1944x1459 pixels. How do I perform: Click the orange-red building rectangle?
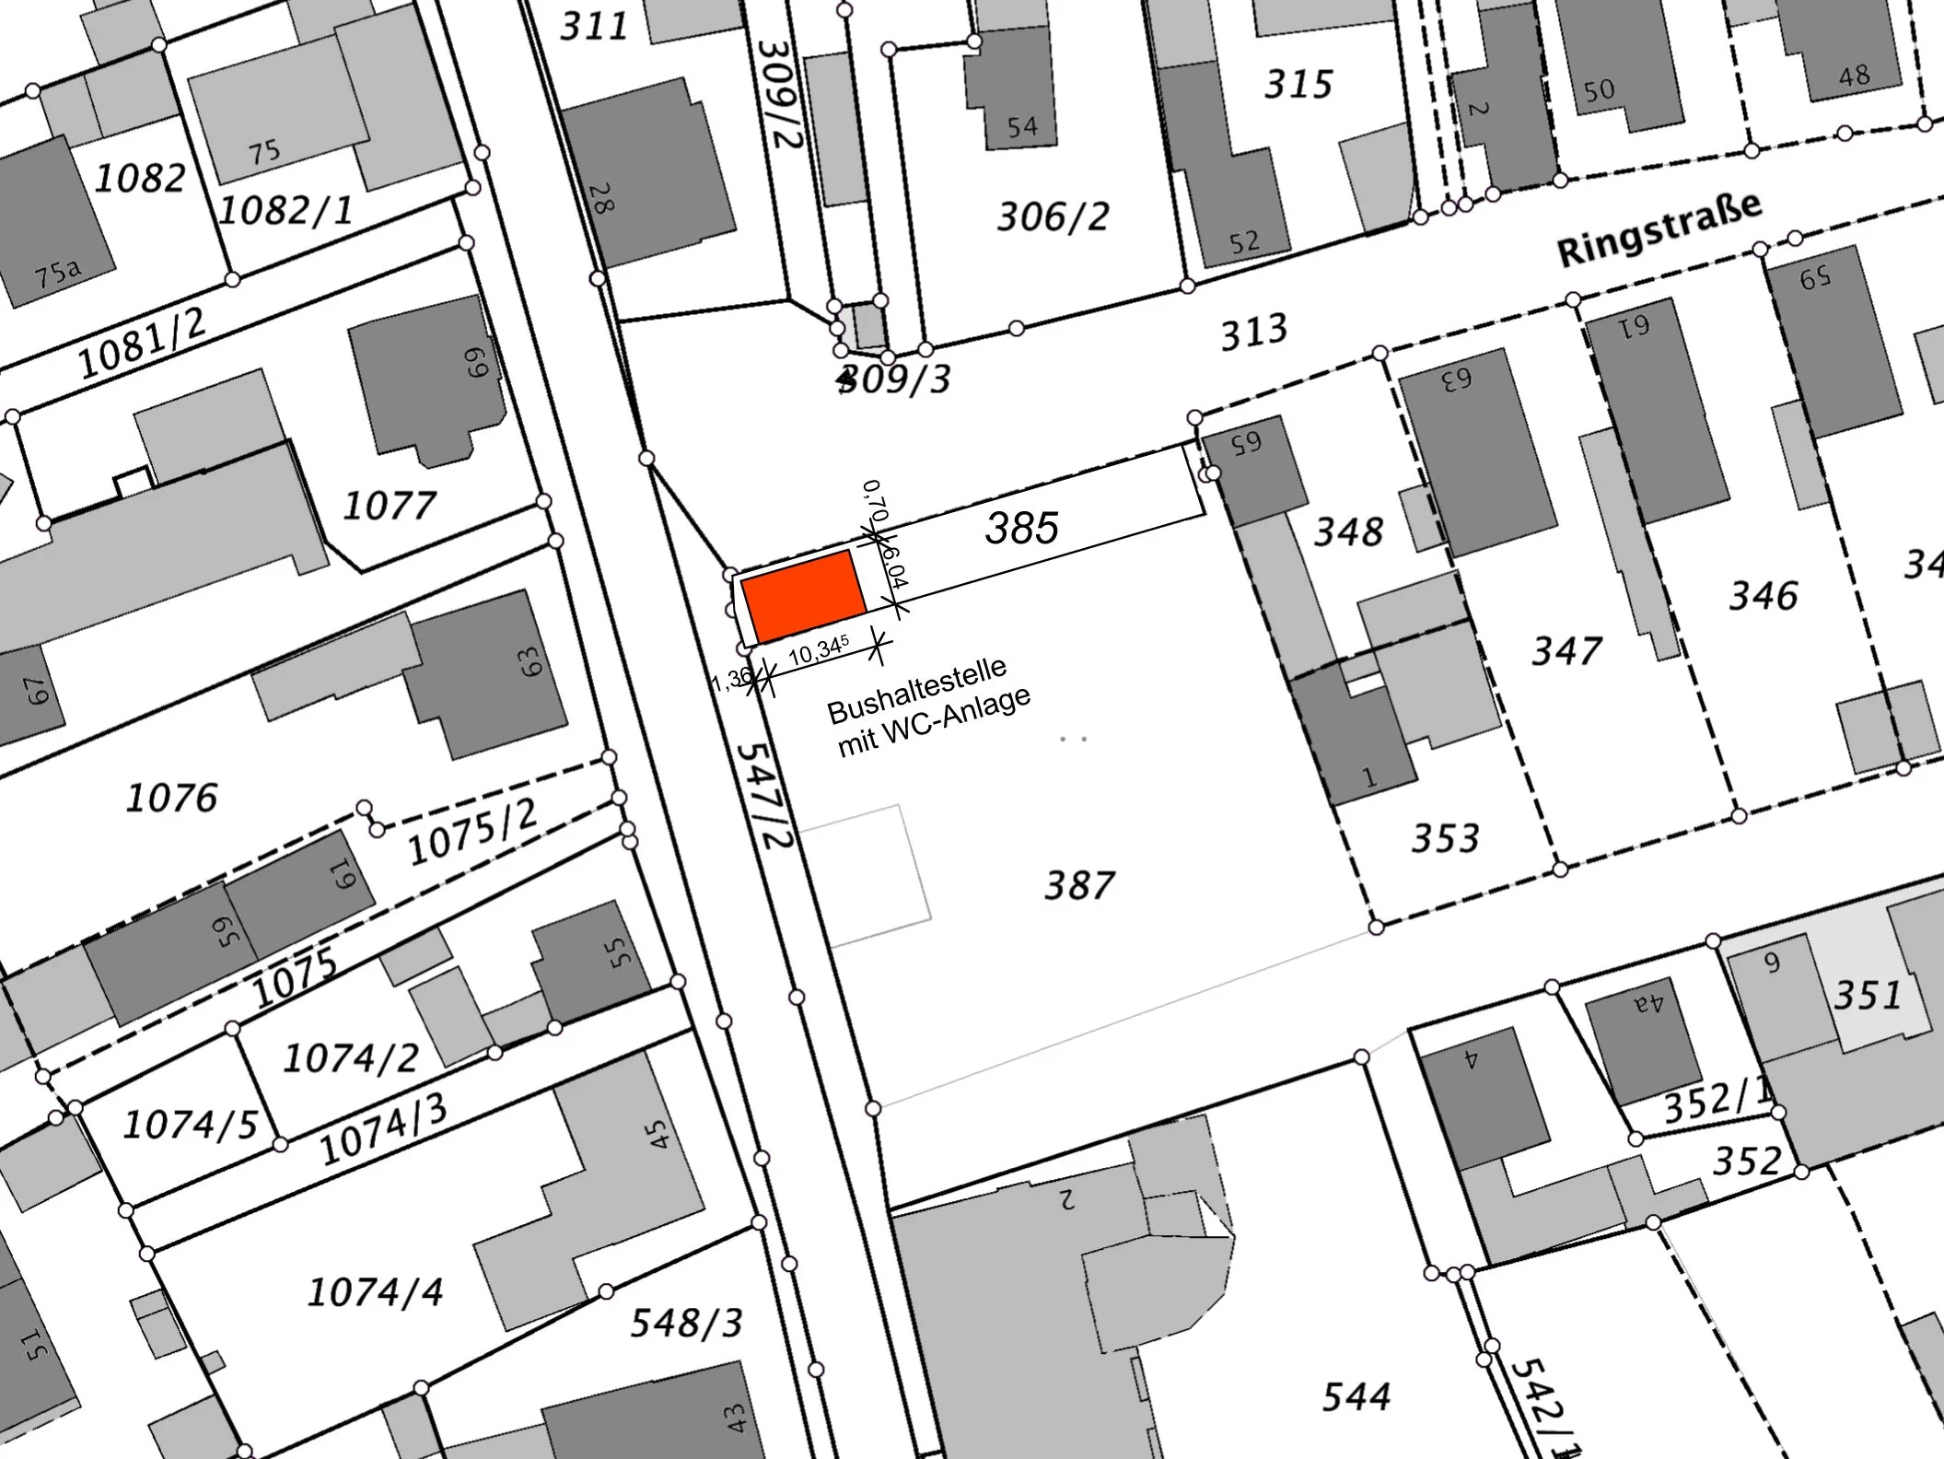tap(803, 596)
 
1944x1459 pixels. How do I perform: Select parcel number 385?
tap(1022, 529)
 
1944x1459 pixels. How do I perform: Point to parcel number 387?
tap(1079, 886)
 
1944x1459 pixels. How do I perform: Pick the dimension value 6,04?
tap(894, 566)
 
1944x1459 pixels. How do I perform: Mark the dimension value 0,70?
tap(876, 500)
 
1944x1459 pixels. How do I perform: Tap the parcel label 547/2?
tap(765, 796)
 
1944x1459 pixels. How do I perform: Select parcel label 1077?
tap(389, 506)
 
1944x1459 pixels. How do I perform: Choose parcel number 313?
tap(1253, 333)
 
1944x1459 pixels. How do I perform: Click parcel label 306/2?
tap(1053, 217)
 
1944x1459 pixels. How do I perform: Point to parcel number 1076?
tap(172, 798)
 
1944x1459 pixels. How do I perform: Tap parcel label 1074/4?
tap(375, 1292)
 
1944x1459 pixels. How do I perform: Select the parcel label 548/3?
tap(686, 1324)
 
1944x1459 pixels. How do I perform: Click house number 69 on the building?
tap(475, 361)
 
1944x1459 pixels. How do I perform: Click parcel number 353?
tap(1445, 838)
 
